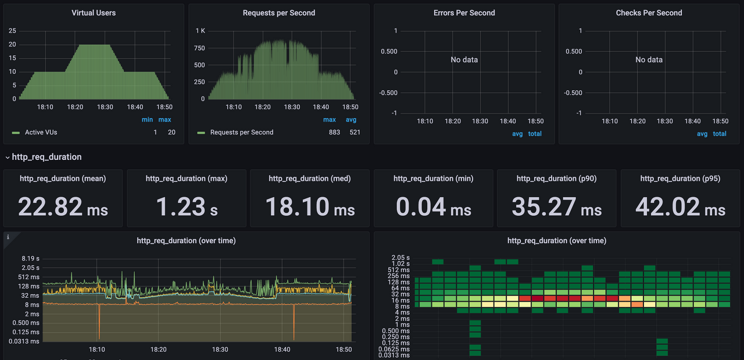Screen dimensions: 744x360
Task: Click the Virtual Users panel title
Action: [94, 13]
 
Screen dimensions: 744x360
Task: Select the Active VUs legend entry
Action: [34, 132]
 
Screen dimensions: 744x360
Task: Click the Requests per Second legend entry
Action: [235, 132]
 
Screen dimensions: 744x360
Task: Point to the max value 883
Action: [334, 132]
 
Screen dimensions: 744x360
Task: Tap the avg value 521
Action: [355, 132]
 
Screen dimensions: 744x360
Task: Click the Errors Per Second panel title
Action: [464, 13]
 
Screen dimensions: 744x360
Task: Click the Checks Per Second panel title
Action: [649, 13]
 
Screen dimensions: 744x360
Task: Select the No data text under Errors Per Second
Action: [464, 60]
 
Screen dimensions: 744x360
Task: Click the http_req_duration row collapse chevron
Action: [8, 157]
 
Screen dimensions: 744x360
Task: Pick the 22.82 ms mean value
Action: [63, 207]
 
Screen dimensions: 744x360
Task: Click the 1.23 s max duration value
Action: [187, 207]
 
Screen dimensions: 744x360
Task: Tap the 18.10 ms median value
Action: [310, 207]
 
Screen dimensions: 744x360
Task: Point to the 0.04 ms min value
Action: [434, 207]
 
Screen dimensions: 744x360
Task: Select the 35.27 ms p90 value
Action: [557, 207]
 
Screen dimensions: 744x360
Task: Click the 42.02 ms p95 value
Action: [680, 207]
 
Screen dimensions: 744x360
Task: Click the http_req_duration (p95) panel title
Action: [680, 179]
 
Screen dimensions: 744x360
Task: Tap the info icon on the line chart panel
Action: [8, 237]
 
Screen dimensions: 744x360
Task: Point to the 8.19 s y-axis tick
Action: [31, 258]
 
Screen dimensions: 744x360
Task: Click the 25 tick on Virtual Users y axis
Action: [12, 31]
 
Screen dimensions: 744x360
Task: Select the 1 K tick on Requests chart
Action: [201, 31]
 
